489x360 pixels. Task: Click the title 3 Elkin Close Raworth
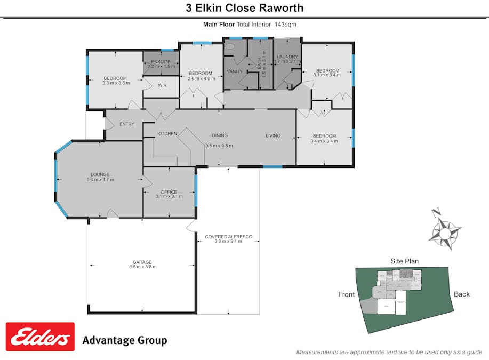(x=244, y=7)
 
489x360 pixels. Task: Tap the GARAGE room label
(x=142, y=262)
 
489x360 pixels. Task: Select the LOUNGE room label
(x=100, y=174)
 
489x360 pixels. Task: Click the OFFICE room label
(x=169, y=192)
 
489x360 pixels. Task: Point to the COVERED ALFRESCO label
(x=228, y=236)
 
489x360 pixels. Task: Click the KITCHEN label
(x=167, y=134)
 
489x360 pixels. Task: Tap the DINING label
(x=219, y=135)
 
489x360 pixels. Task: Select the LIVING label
(x=273, y=136)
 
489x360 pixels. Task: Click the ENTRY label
(x=127, y=124)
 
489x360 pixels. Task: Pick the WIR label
(x=162, y=85)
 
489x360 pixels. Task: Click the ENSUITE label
(x=161, y=62)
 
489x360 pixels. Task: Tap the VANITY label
(x=235, y=71)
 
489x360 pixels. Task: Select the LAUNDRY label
(x=287, y=57)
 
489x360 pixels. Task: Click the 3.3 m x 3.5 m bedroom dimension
(x=116, y=83)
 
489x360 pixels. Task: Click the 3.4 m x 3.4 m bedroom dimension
(x=324, y=141)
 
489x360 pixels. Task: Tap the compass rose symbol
(x=444, y=229)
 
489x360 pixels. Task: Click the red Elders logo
(x=40, y=337)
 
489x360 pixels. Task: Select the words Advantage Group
(x=124, y=340)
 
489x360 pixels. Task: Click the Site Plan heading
(x=404, y=261)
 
